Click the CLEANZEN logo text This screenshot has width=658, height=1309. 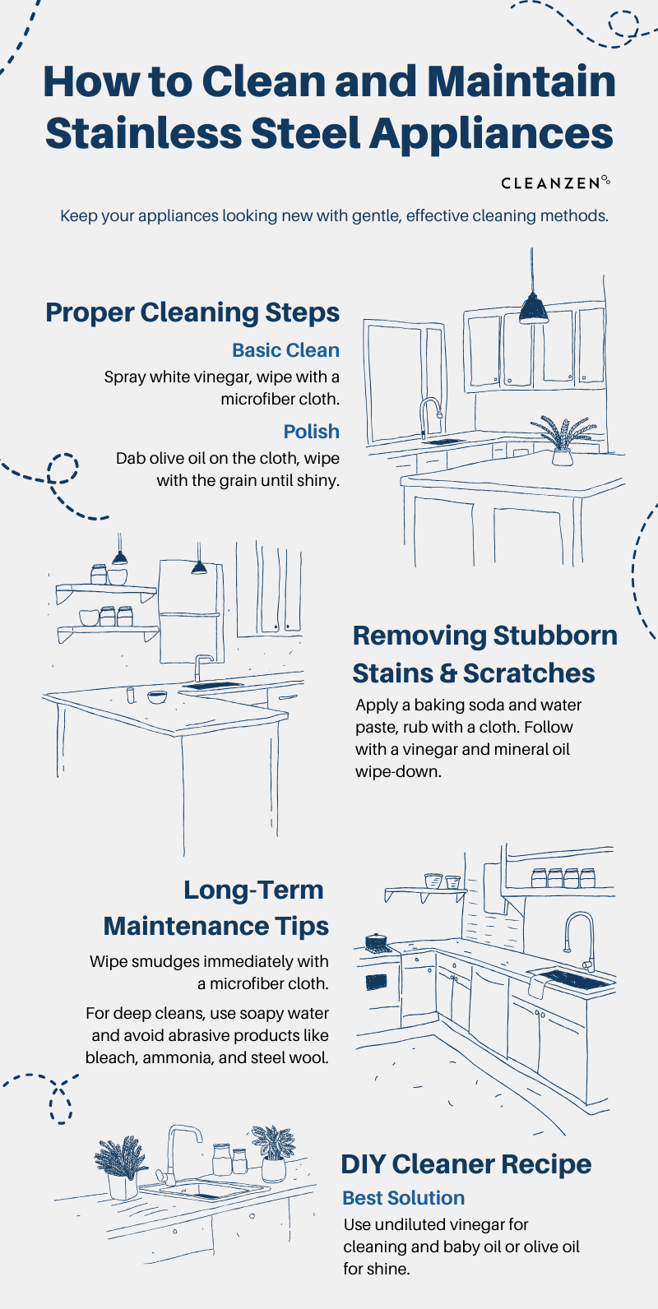(x=550, y=183)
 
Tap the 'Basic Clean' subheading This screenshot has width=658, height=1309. (x=285, y=350)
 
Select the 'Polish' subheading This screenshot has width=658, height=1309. (x=311, y=432)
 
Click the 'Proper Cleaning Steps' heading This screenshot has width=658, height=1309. (x=192, y=312)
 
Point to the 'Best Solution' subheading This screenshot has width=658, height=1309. (x=403, y=1198)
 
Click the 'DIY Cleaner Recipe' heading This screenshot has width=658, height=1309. (x=466, y=1164)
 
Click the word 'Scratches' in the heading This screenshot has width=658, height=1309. (x=529, y=673)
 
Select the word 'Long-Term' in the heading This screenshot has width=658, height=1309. (x=253, y=890)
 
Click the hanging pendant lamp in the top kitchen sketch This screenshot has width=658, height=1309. (x=533, y=308)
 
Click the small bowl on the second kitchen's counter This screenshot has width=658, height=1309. (x=156, y=697)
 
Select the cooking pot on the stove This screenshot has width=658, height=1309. (x=376, y=941)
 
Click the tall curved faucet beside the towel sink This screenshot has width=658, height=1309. (x=581, y=937)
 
